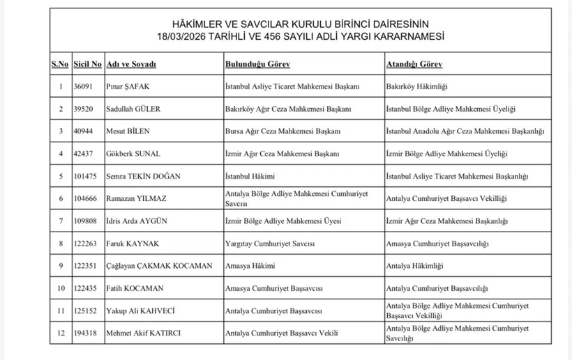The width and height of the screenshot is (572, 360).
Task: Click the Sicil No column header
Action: [86, 64]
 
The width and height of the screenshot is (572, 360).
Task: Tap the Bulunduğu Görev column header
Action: [252, 64]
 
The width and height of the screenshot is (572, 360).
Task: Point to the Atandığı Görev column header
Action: [414, 64]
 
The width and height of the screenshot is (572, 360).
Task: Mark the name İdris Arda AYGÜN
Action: [137, 221]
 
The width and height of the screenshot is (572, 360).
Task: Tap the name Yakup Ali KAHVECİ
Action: [140, 310]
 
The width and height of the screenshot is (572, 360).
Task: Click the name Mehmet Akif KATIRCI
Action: [143, 333]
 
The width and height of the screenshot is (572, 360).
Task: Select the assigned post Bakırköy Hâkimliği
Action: [416, 87]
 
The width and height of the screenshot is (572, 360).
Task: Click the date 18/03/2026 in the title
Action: [183, 36]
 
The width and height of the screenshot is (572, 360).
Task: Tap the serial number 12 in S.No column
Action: [60, 333]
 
